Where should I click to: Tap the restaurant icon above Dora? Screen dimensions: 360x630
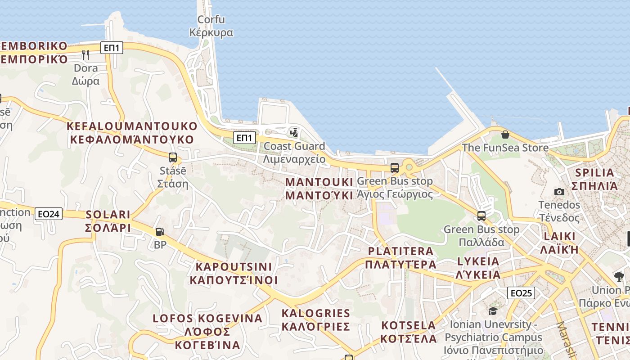[85, 55]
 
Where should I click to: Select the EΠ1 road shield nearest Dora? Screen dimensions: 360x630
[112, 48]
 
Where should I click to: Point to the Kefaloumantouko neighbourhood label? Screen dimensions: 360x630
[132, 133]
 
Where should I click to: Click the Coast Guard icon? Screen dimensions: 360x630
[294, 132]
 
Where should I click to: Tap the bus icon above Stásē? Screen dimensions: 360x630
[172, 157]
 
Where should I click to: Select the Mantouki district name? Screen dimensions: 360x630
[319, 189]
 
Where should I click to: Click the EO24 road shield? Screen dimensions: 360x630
[49, 214]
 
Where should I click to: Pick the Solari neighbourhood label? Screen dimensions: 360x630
[108, 221]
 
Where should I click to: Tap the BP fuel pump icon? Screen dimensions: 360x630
[160, 232]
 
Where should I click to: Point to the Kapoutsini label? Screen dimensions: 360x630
[234, 273]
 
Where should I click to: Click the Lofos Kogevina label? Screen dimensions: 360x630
[207, 332]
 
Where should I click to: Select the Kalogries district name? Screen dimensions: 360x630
[315, 319]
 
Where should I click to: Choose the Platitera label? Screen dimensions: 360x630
[400, 257]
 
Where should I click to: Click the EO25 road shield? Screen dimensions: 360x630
[521, 293]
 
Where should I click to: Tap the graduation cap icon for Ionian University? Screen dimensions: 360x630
[493, 311]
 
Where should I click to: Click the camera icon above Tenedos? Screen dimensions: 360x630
[559, 192]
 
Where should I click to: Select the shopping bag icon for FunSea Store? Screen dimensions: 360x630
[505, 135]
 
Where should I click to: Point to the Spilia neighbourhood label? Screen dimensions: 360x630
[594, 179]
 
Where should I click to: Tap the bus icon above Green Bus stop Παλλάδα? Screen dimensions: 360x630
[481, 216]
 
